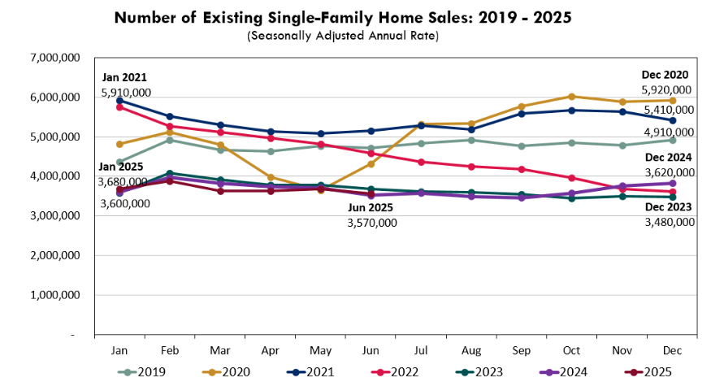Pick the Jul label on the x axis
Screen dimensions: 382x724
[x=421, y=349]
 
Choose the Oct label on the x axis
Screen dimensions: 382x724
[x=572, y=349]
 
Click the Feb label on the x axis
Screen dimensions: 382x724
[x=169, y=349]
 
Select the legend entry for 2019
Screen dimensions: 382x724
[x=146, y=372]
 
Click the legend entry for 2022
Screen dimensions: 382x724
[x=397, y=372]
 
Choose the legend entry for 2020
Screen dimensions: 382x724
[x=230, y=372]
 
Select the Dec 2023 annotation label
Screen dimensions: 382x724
[x=668, y=206]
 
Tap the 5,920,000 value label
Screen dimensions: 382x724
[x=667, y=90]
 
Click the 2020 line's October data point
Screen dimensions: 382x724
[x=572, y=97]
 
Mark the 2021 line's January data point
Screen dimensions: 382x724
[x=119, y=101]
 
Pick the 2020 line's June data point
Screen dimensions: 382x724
[x=371, y=163]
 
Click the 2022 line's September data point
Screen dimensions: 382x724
[x=522, y=169]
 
